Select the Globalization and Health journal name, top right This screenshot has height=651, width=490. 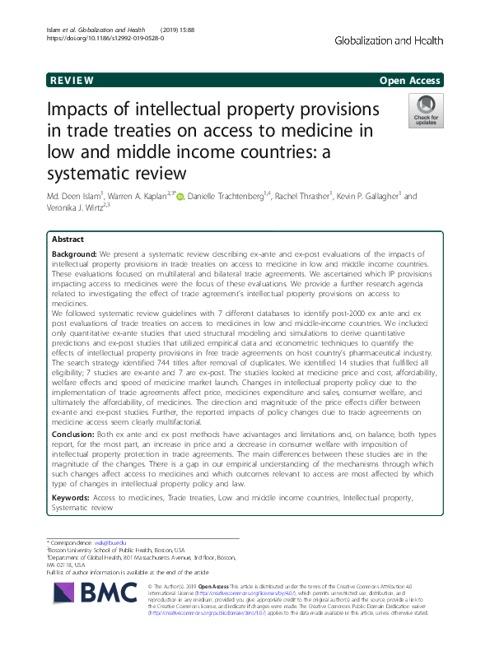click(x=390, y=40)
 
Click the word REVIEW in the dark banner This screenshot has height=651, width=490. click(x=72, y=81)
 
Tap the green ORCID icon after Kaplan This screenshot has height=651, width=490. click(x=180, y=197)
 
